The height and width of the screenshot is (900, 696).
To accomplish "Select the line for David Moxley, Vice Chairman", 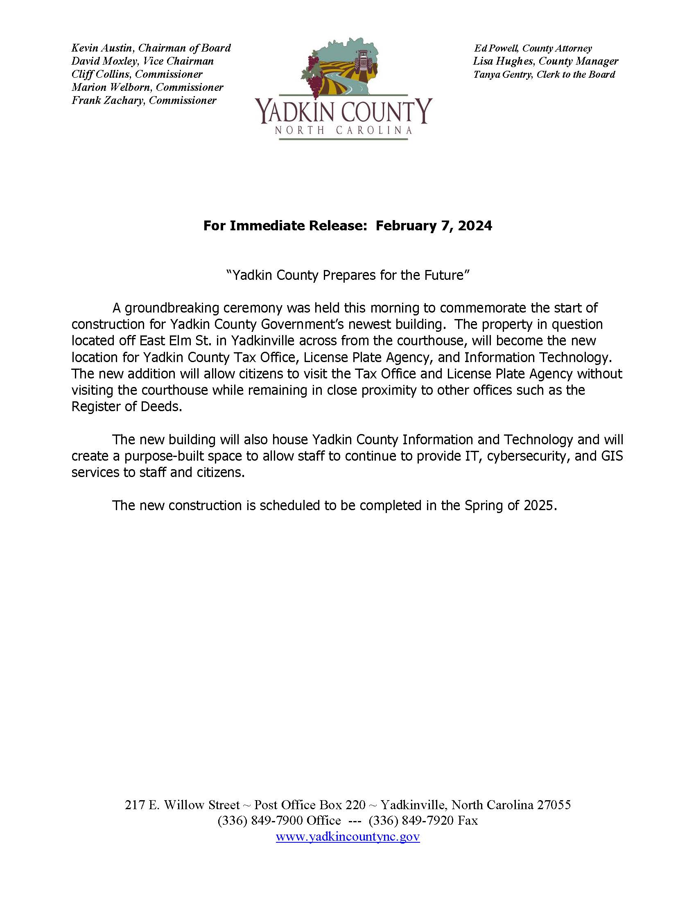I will [142, 61].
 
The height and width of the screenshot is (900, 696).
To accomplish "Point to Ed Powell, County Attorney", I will [533, 49].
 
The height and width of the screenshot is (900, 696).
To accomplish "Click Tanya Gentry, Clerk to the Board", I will [544, 74].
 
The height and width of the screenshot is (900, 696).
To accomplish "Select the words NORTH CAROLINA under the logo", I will [343, 130].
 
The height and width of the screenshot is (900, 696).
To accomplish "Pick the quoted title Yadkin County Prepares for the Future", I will [348, 275].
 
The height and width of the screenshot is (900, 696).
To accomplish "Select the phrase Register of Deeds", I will [126, 407].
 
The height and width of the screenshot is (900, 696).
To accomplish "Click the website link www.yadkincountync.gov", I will [348, 837].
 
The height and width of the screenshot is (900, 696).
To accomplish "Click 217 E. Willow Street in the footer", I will [182, 805].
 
